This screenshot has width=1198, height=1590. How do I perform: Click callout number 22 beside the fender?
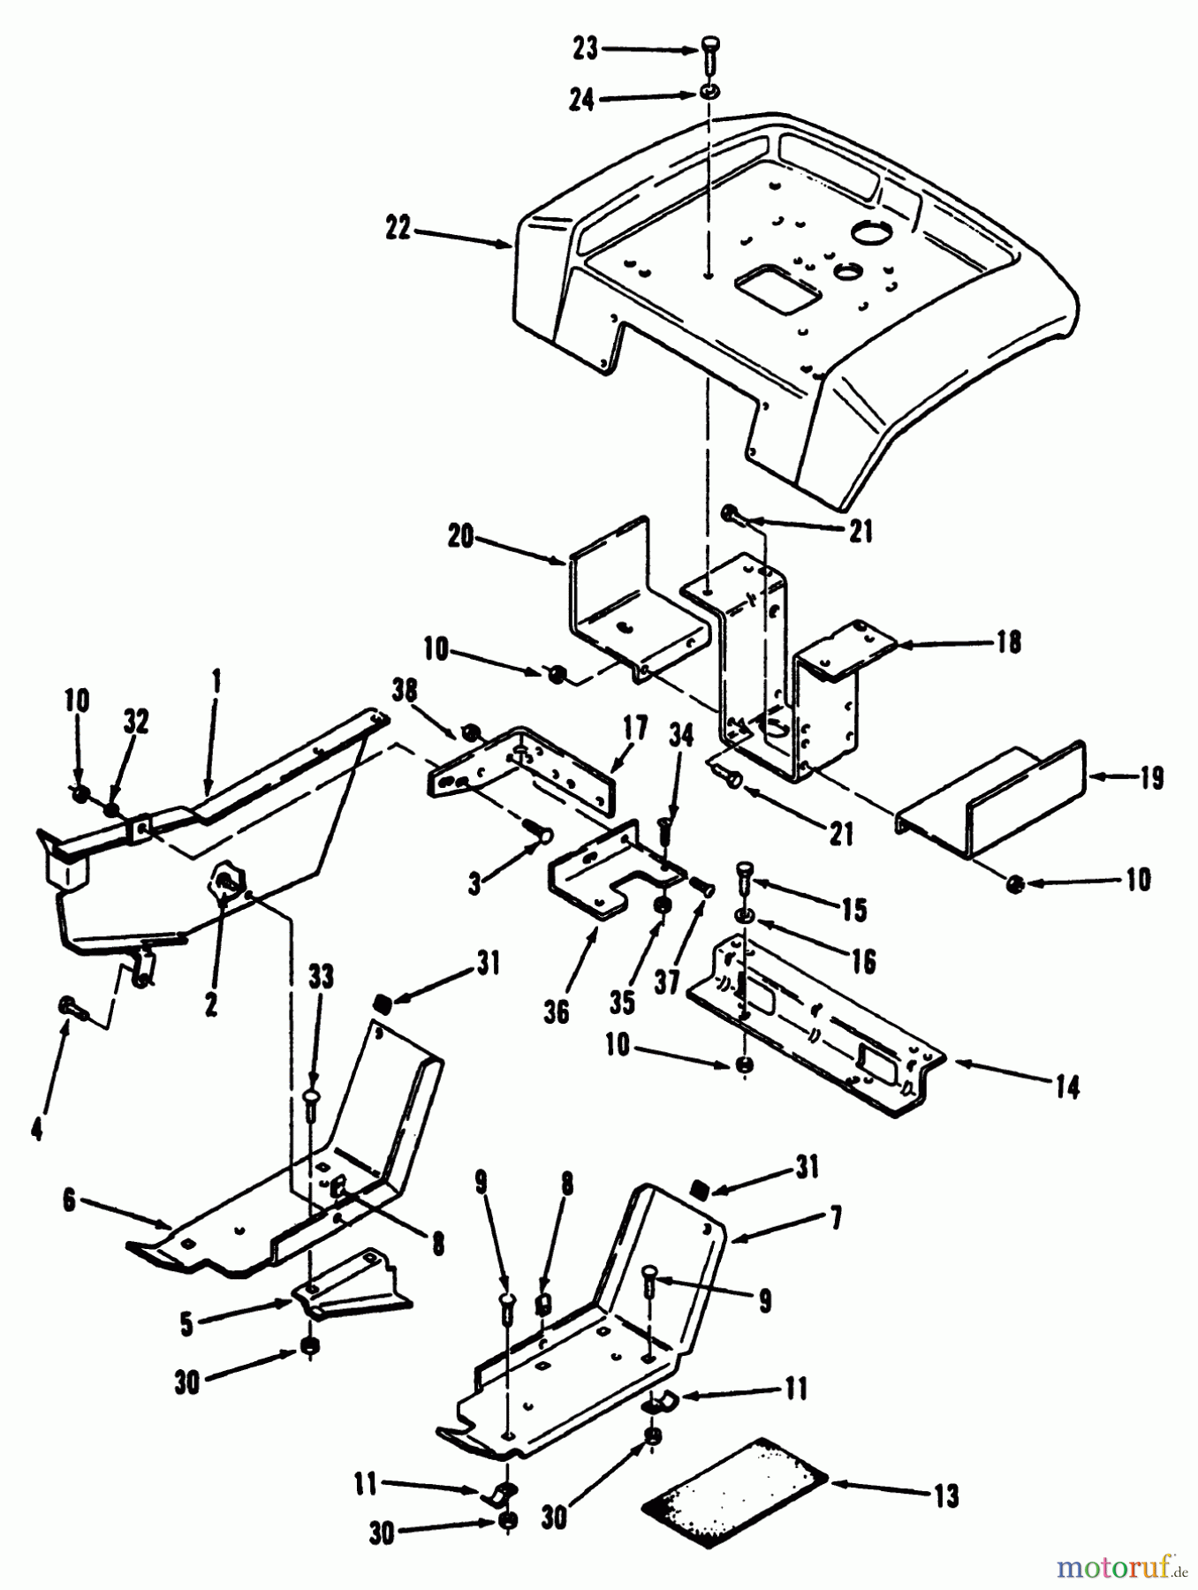(x=398, y=229)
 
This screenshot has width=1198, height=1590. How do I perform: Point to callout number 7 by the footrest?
(x=835, y=1219)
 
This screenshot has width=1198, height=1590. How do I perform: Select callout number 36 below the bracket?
(x=556, y=1011)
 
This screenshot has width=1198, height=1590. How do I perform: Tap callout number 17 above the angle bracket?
(x=634, y=729)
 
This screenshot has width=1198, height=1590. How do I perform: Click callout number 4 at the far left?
(x=35, y=1130)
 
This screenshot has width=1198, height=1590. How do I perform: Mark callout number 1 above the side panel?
(x=216, y=682)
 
